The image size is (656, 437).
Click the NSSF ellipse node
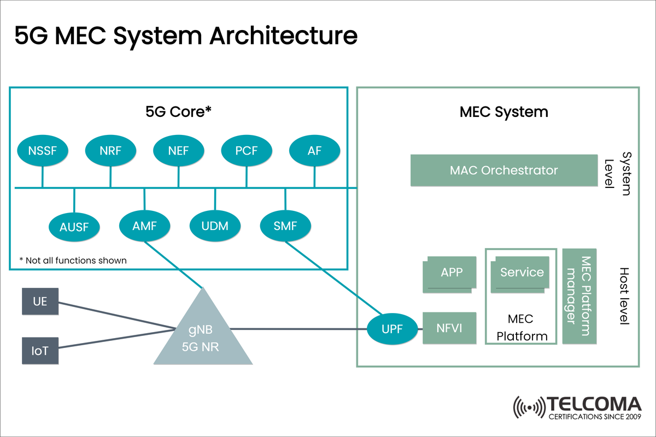43,150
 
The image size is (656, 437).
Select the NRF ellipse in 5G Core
110,150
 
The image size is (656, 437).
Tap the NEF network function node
178,150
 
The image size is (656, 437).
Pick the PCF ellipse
246,150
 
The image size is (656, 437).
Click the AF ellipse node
314,150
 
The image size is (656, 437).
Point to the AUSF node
74,226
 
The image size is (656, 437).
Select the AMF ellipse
144,225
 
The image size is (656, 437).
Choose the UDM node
215,226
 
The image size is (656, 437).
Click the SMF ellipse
285,225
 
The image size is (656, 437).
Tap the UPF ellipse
392,329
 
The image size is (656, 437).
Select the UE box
40,301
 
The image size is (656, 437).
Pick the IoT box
40,350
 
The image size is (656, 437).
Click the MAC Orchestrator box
503,170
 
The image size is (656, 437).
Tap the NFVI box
449,328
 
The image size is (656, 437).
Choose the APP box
450,273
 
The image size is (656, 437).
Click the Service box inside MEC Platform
521,273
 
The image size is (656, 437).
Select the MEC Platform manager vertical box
579,297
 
